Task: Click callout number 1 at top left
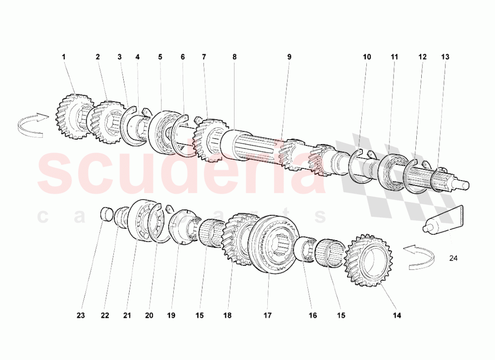click(x=64, y=57)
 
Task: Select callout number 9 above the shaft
click(x=289, y=57)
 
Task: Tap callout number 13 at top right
click(x=445, y=57)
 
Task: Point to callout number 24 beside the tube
click(x=454, y=258)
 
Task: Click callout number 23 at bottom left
click(x=81, y=315)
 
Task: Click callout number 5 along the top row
click(x=160, y=57)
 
